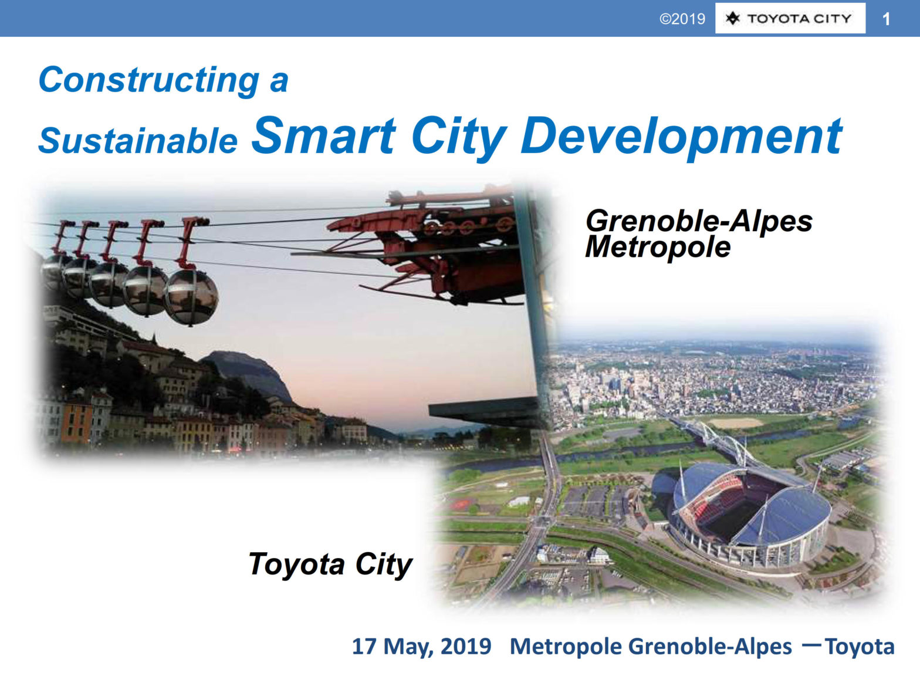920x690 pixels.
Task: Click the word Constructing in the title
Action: [x=149, y=80]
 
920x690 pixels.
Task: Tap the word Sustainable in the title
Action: [x=138, y=141]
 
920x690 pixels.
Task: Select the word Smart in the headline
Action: [x=323, y=136]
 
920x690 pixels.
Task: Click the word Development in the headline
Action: [x=681, y=138]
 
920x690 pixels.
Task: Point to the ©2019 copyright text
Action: [x=682, y=19]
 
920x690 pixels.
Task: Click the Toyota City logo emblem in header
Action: [x=733, y=18]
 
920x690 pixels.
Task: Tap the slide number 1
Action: [x=886, y=19]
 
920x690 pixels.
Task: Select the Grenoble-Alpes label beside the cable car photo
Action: [x=699, y=221]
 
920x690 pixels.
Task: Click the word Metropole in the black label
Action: [x=658, y=247]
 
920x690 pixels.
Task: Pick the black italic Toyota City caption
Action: [x=330, y=565]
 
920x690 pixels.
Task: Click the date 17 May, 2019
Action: [x=422, y=646]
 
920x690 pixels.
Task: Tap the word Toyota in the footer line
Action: [x=860, y=646]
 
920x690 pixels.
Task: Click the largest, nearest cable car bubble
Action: [x=191, y=297]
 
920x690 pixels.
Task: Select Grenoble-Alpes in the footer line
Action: [x=710, y=647]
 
